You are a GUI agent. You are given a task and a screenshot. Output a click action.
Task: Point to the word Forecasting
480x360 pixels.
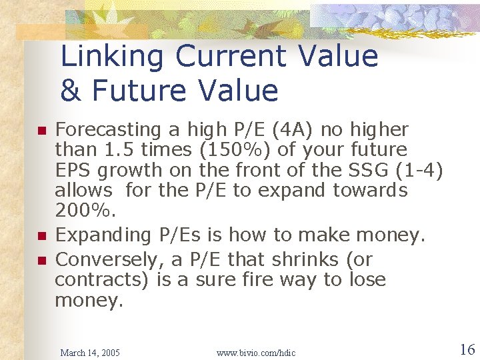pyautogui.click(x=108, y=130)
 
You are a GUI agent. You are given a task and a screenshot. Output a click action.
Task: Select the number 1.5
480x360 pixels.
pyautogui.click(x=117, y=150)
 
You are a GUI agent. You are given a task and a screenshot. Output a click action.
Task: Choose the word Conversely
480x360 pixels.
pyautogui.click(x=106, y=259)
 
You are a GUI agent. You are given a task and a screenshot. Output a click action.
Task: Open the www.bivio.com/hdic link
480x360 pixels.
pyautogui.click(x=256, y=352)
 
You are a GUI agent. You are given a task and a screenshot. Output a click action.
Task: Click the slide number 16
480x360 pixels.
pyautogui.click(x=467, y=349)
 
